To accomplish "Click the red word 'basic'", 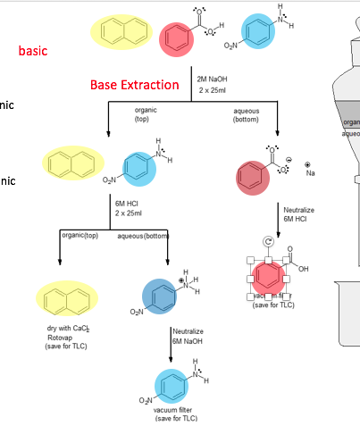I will click(33, 51).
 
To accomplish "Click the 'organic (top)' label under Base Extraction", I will click(142, 114).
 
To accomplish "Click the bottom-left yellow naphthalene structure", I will click(65, 297).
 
